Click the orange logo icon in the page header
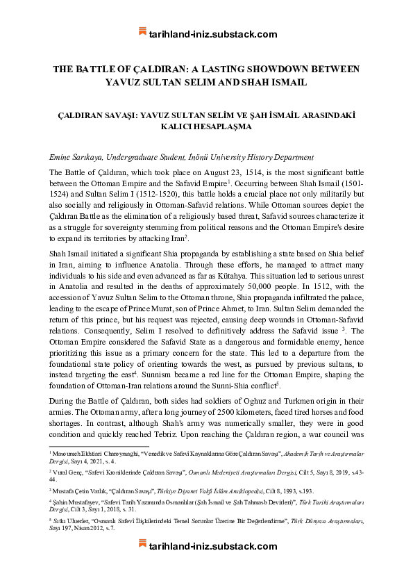(x=142, y=33)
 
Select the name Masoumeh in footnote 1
(x=67, y=453)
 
